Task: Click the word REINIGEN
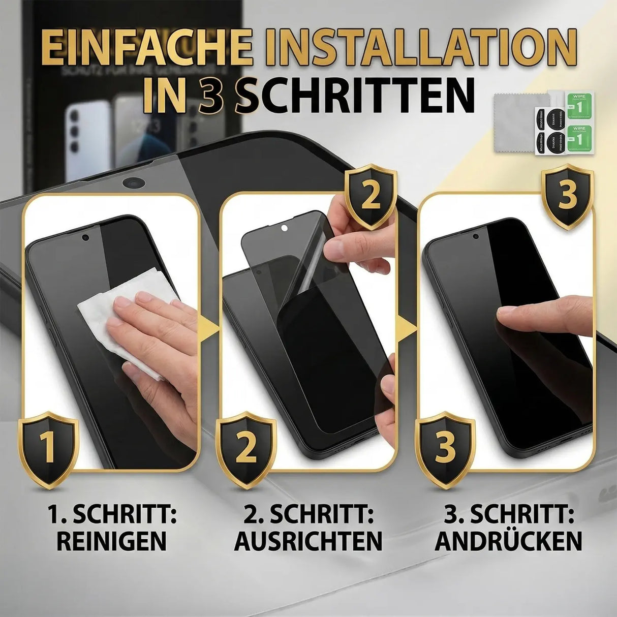(111, 541)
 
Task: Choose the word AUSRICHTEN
(308, 541)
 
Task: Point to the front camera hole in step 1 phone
(85, 237)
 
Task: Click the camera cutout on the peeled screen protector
(283, 228)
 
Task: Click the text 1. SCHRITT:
(111, 515)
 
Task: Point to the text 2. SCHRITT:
(308, 515)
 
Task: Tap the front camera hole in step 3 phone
(476, 235)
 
